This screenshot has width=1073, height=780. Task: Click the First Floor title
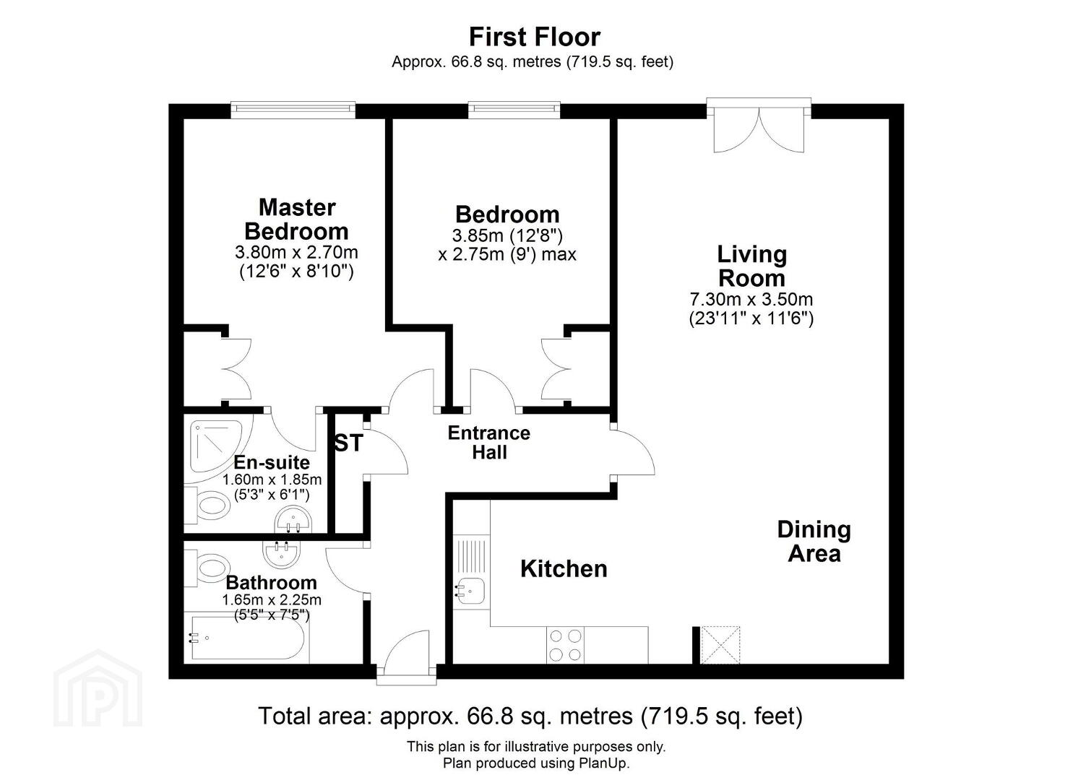[x=534, y=37]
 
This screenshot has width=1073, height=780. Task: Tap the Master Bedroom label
[x=297, y=220]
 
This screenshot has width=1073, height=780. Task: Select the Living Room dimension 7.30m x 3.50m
[x=751, y=299]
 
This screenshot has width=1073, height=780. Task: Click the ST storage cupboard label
[x=349, y=443]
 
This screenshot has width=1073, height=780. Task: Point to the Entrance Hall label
[x=489, y=443]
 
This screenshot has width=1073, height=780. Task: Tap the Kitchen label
[x=564, y=569]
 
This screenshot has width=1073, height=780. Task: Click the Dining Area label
[x=814, y=542]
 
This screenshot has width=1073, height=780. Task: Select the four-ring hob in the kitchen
[x=565, y=645]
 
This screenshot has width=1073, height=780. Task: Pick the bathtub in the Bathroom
[x=248, y=638]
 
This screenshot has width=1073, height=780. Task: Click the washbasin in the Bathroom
[x=282, y=553]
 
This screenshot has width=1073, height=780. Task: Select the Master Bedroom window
[x=293, y=110]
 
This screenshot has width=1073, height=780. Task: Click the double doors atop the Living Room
[x=759, y=126]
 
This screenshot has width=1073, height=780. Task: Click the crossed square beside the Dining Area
[x=720, y=645]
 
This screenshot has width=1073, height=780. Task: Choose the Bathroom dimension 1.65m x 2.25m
[x=272, y=599]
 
